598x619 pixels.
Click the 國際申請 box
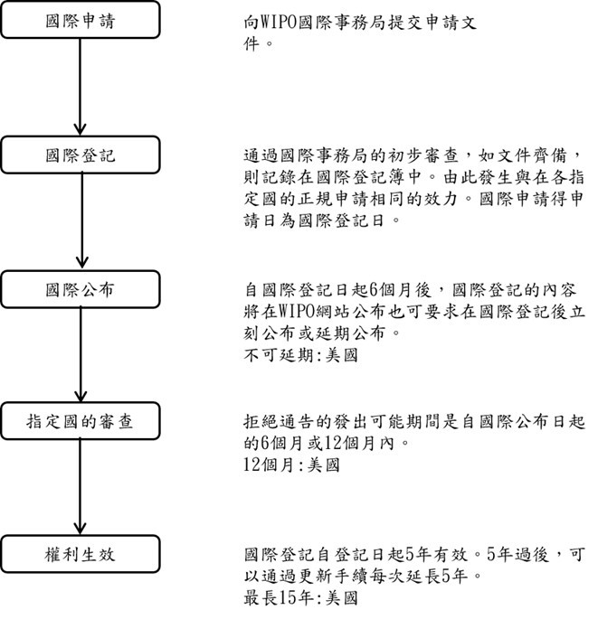click(x=81, y=20)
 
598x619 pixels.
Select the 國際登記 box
click(x=81, y=155)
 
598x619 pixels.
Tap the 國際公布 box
click(x=81, y=289)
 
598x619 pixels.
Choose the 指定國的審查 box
click(x=81, y=421)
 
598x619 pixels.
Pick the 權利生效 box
click(x=81, y=554)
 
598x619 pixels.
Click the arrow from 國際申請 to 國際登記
click(x=81, y=87)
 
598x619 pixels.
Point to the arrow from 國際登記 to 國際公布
click(x=81, y=221)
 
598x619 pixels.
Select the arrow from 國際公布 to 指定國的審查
click(x=81, y=355)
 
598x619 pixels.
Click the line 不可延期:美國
click(x=301, y=355)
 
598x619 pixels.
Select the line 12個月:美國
click(x=291, y=464)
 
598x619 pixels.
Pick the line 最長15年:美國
click(x=301, y=597)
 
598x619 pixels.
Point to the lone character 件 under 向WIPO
click(x=252, y=43)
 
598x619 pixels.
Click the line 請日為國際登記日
click(x=322, y=220)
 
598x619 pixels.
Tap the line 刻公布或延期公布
click(x=322, y=333)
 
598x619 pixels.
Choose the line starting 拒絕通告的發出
click(x=414, y=422)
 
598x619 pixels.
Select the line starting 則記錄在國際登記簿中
click(x=414, y=177)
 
